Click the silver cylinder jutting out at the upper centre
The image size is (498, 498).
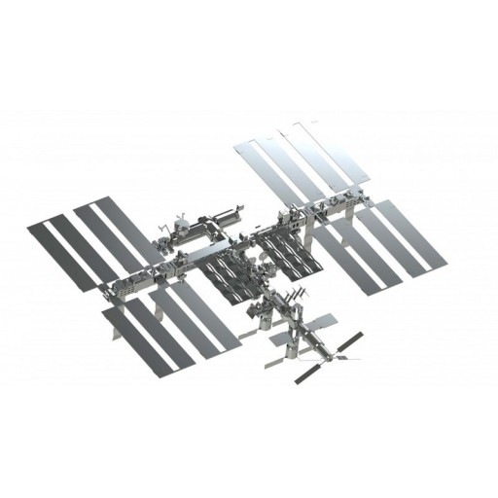pos(221,211)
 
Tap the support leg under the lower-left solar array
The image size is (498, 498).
pos(118,336)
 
